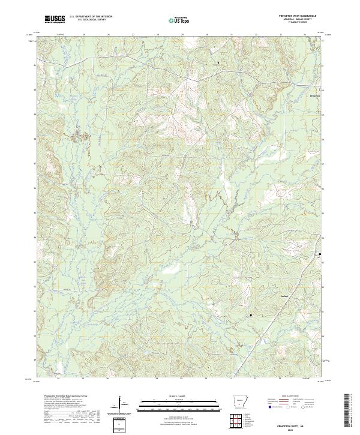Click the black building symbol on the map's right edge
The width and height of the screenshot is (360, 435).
coord(320,254)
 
